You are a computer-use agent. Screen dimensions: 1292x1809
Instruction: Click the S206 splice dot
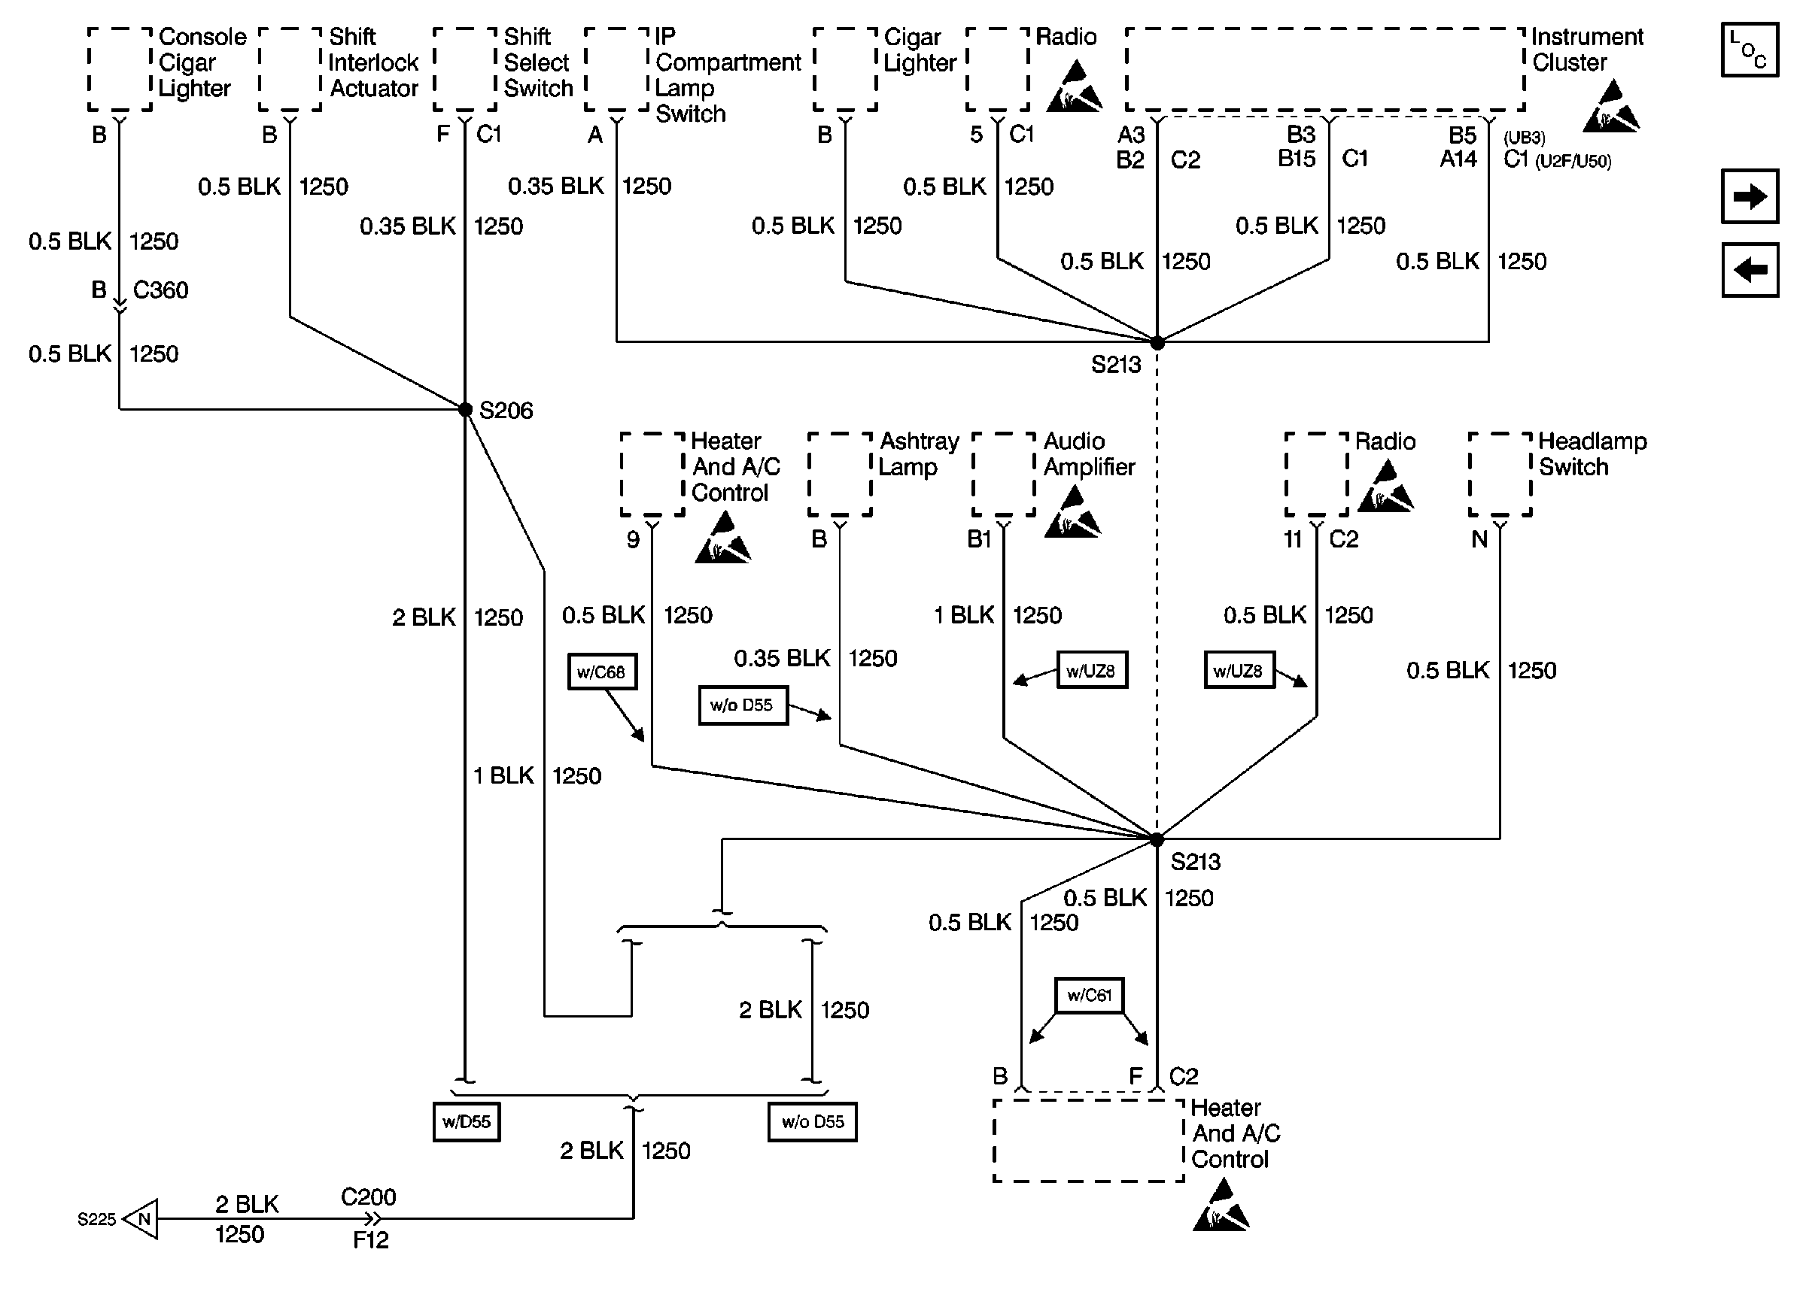click(466, 410)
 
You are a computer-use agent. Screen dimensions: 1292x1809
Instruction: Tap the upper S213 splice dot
click(1157, 343)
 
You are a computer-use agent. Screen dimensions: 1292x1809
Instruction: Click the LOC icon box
click(1750, 50)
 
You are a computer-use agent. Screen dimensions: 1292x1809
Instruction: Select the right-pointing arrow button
click(1750, 196)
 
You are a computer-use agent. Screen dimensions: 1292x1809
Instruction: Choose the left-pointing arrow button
click(1750, 271)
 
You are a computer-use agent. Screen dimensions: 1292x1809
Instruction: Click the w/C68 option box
click(602, 672)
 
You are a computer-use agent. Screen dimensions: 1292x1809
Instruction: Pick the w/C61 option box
click(1089, 995)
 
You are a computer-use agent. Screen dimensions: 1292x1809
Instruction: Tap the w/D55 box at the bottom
click(467, 1122)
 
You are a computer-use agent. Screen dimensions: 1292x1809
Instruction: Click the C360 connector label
click(160, 290)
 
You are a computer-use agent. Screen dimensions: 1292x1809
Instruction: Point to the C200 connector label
click(368, 1197)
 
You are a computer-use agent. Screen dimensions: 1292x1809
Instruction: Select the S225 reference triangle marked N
click(142, 1219)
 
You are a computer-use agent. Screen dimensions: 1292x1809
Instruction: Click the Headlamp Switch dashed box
click(1500, 474)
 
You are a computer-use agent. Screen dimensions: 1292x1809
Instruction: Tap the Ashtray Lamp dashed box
click(841, 474)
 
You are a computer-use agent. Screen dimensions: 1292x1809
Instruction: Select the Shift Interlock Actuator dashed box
click(290, 69)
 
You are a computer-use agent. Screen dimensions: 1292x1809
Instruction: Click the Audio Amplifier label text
click(1088, 453)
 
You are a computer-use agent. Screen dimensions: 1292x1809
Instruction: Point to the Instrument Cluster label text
click(1586, 50)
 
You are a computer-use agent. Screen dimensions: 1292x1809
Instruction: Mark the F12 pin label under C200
click(370, 1239)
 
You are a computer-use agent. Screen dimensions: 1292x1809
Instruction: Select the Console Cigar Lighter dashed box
click(120, 69)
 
